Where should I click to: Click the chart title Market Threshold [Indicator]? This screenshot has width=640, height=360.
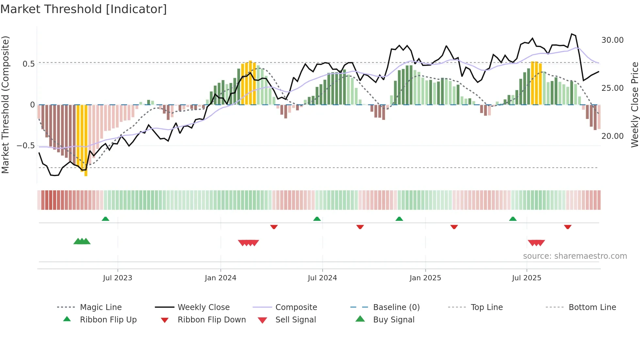point(84,9)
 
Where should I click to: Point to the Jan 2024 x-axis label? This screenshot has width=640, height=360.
point(220,278)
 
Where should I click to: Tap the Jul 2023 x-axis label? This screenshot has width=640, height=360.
point(118,278)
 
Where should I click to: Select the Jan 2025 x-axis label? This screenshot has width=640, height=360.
point(425,278)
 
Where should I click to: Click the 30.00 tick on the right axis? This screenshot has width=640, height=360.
point(612,40)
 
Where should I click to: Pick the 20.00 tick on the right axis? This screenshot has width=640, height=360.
point(612,136)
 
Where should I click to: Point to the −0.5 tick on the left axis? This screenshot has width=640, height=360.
point(26,146)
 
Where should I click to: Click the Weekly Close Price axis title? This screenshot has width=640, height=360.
point(634,105)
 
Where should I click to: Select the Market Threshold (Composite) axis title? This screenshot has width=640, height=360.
point(5,105)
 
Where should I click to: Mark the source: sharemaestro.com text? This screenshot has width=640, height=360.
point(575,256)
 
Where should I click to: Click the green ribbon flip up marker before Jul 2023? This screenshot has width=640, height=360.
point(105,219)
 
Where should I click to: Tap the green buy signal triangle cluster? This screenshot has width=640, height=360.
point(82,241)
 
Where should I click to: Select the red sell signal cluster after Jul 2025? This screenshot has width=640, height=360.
point(536,243)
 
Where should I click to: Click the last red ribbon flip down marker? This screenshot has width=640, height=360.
point(568,227)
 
